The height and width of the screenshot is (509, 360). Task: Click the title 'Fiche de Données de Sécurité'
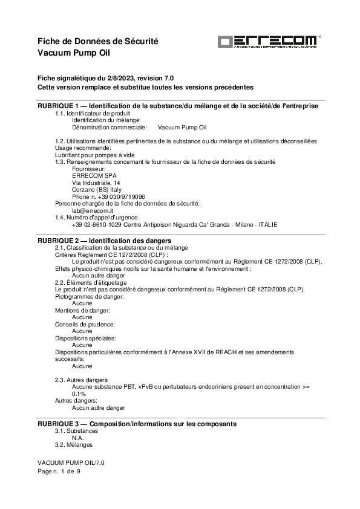click(x=97, y=41)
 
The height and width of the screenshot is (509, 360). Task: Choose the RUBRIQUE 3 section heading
click(x=137, y=424)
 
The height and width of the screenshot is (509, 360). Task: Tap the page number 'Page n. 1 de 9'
click(x=59, y=472)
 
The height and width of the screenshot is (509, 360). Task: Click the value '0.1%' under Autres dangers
click(x=79, y=394)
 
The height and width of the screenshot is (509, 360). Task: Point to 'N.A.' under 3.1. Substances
click(x=77, y=438)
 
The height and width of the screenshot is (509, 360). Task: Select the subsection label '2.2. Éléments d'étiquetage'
click(x=90, y=282)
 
